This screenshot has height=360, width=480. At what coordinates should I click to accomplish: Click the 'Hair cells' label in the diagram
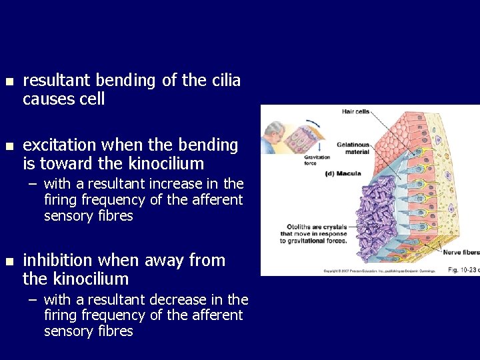(356, 111)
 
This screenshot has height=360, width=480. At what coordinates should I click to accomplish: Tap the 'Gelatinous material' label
(353, 148)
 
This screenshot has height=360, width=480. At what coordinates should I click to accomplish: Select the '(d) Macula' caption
(343, 174)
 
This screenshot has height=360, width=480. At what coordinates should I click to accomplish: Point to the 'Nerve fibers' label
(461, 253)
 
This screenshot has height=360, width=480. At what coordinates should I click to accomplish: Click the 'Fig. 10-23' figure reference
(461, 270)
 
